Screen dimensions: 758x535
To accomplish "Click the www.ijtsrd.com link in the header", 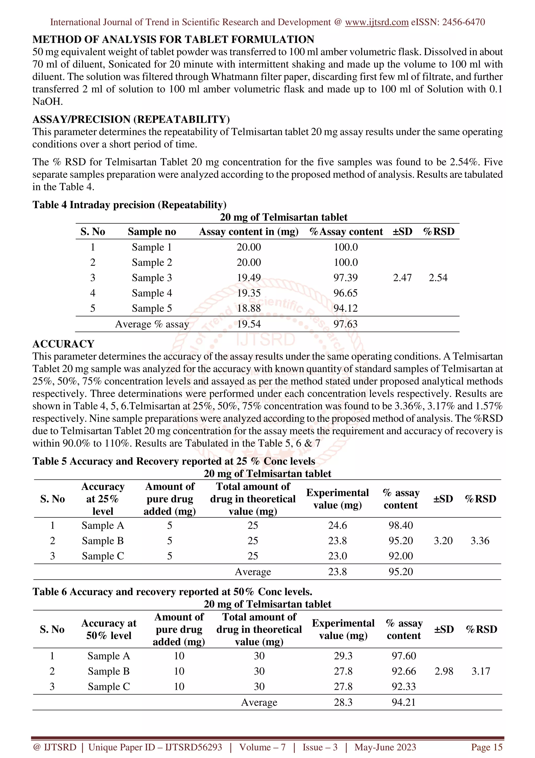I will click(376, 22).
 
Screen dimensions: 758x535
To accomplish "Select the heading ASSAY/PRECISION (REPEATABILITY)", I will click(131, 119).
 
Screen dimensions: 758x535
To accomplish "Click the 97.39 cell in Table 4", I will click(345, 278).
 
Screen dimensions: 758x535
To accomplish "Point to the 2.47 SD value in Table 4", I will click(402, 278).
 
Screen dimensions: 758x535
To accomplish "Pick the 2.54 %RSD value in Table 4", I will click(438, 278).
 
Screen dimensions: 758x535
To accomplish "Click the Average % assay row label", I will click(152, 324).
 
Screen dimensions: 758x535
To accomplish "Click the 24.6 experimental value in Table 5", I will click(337, 525).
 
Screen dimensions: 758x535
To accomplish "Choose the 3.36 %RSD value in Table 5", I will click(480, 540).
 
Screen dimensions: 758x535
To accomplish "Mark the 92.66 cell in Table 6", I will click(404, 671).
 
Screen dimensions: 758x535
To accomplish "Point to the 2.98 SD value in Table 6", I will click(444, 671).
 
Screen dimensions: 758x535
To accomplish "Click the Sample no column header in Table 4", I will click(152, 231).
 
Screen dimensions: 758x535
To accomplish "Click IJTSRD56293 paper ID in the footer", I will click(194, 747).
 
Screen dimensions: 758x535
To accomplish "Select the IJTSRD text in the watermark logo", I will click(266, 340).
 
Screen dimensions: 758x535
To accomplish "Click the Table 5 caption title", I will click(174, 461).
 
